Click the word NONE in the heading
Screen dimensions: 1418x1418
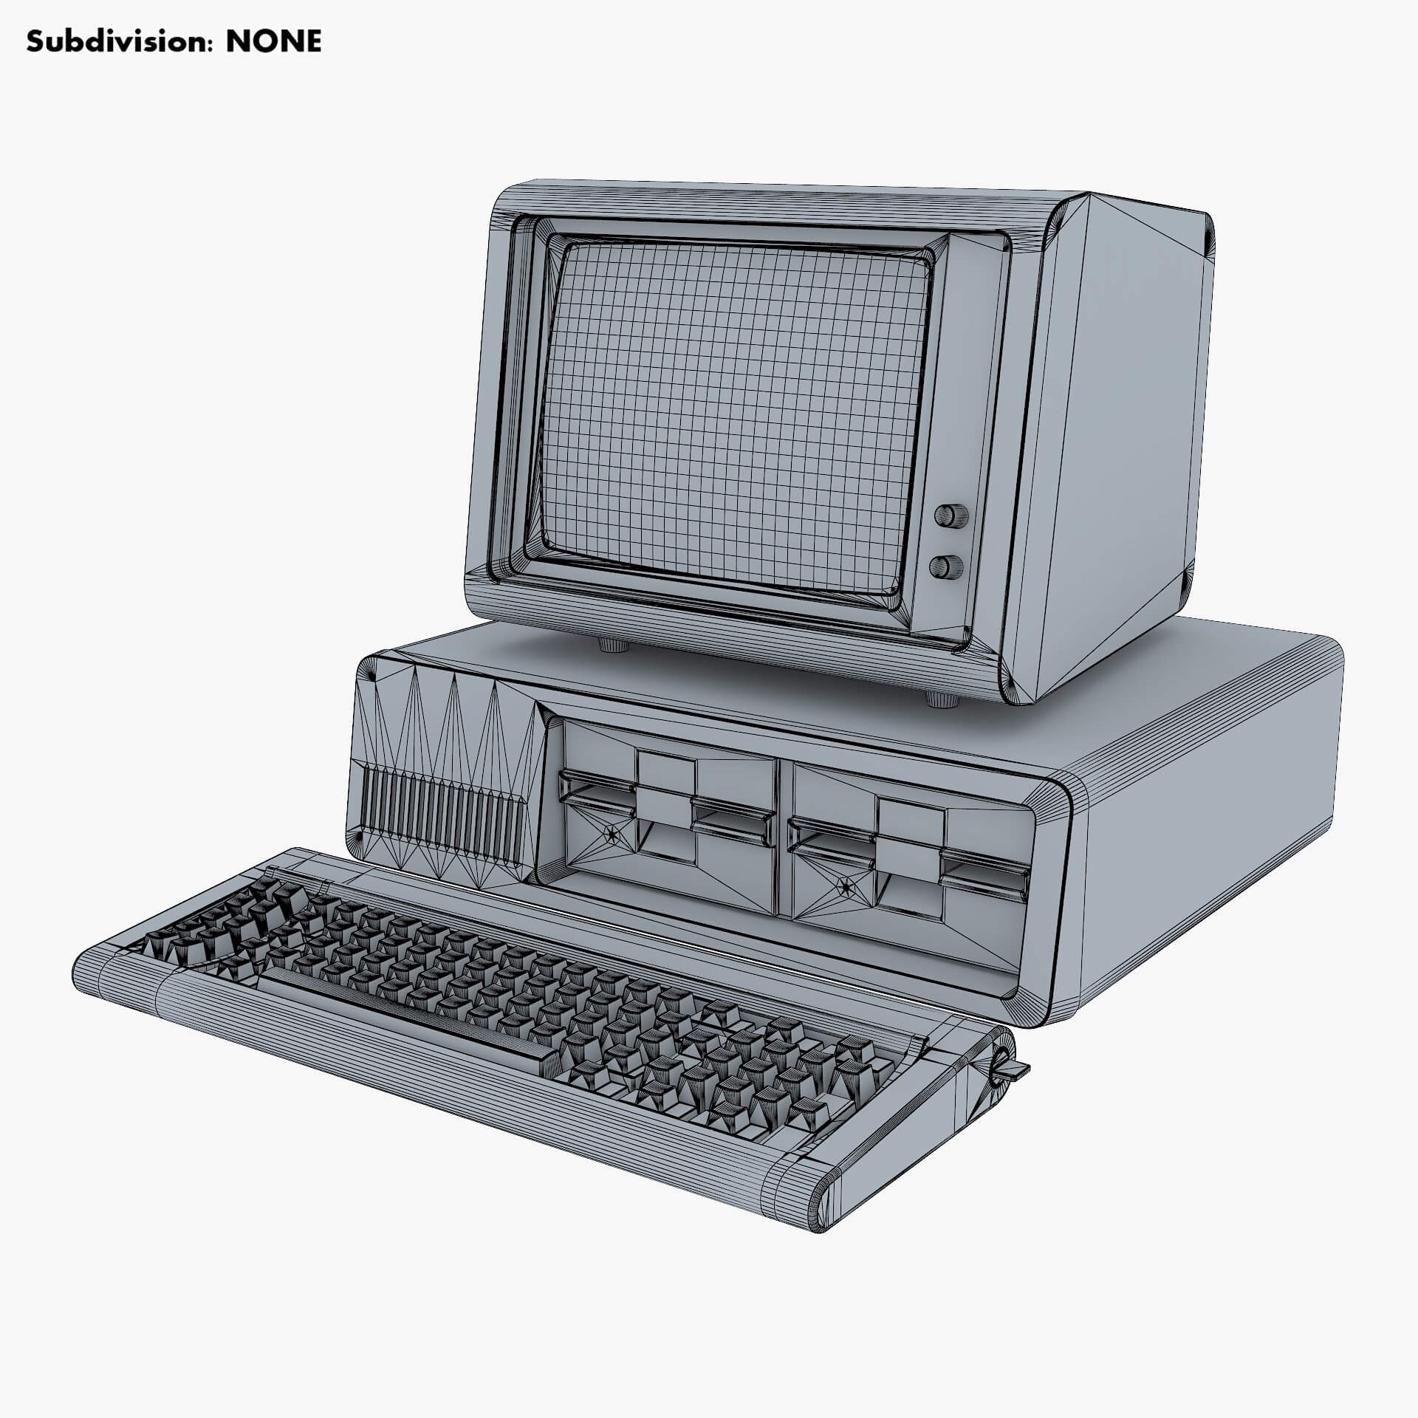(x=273, y=43)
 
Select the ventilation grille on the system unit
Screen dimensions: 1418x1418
(x=442, y=818)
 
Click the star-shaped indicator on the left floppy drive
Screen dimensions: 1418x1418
(x=612, y=835)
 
